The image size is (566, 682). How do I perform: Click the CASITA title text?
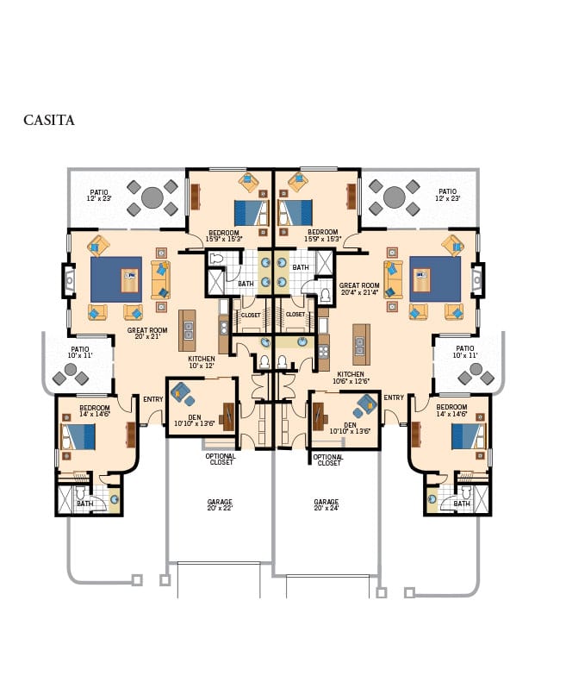pos(49,121)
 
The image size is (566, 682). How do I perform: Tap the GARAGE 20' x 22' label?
pos(220,504)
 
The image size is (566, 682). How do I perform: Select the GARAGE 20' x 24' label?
pos(327,504)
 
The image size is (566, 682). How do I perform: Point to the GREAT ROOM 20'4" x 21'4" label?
pos(359,289)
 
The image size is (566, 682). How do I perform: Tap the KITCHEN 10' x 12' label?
pos(202,362)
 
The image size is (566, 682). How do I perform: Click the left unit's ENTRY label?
pos(153,398)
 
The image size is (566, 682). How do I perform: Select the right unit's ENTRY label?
pos(394,397)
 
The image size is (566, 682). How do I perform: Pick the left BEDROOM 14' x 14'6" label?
pos(94,411)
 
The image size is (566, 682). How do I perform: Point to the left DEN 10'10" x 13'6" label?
pos(194,420)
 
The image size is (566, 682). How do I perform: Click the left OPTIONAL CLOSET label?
pos(221,460)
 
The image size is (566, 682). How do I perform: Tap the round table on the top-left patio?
pos(152,198)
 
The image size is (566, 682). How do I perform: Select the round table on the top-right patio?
pos(395,198)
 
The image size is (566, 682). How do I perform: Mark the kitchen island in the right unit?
pos(361,344)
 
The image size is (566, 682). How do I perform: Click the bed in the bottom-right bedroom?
pos(469,435)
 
